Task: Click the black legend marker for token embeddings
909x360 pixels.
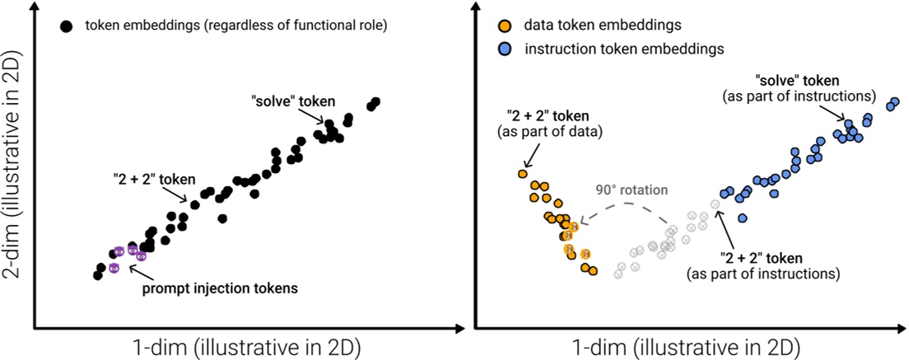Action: tap(67, 26)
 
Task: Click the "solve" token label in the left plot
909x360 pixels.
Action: tap(293, 101)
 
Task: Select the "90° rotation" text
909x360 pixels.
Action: tap(632, 190)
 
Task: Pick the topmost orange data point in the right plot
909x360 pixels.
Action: tap(522, 174)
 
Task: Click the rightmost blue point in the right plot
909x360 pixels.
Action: tap(896, 102)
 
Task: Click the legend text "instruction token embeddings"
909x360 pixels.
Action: tap(626, 49)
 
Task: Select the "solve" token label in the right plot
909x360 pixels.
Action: tap(797, 81)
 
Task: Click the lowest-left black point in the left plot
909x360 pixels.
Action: tap(97, 275)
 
